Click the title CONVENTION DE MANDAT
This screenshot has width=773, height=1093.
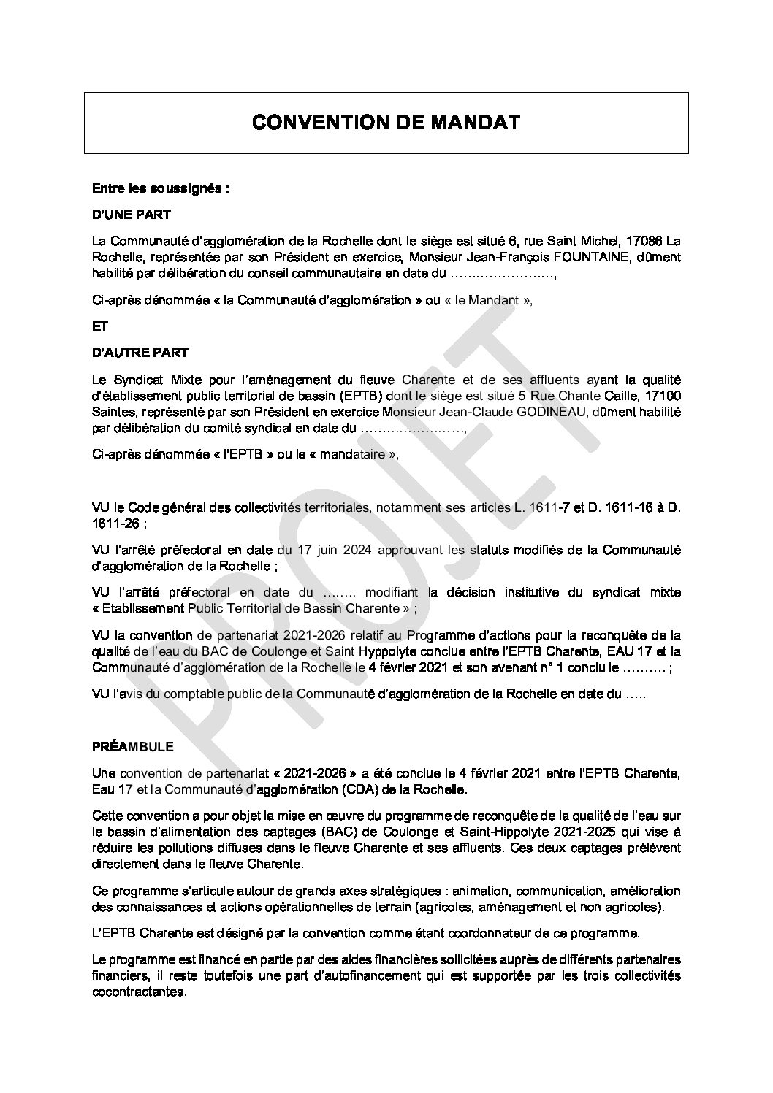386,122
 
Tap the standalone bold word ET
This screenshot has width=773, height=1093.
100,329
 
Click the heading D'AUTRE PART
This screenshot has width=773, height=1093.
140,353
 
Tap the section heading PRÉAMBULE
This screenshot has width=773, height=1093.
133,748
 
